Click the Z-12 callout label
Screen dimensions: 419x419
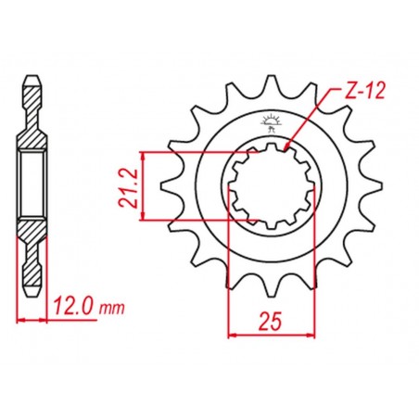tap(364, 91)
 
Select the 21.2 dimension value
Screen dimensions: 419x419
tap(127, 188)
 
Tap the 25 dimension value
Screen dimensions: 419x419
tap(271, 321)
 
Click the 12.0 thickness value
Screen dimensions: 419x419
tap(73, 307)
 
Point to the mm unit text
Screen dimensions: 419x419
tap(112, 309)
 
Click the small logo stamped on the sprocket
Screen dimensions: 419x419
tap(271, 123)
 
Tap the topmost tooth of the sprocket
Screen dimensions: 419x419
tap(272, 81)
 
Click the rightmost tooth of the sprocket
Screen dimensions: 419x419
tap(376, 186)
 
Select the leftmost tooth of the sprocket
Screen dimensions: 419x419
tap(168, 186)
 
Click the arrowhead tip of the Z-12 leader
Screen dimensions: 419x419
tap(286, 149)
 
